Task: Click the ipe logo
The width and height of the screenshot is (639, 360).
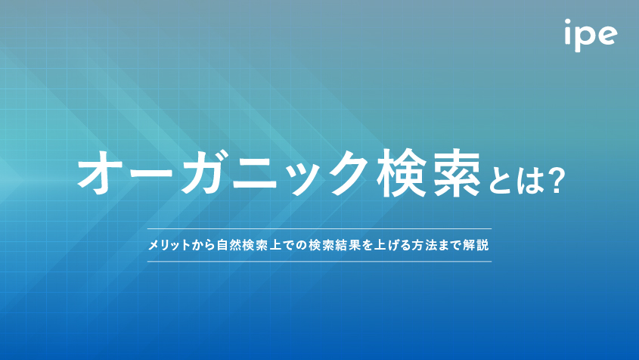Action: point(591,36)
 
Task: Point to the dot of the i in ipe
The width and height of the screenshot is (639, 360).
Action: point(568,22)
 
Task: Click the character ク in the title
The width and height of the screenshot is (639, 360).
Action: point(345,172)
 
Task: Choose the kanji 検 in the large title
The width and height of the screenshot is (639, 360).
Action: point(402,173)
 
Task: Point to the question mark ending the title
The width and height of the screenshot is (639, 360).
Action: point(556,180)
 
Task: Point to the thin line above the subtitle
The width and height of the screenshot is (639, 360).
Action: point(319,228)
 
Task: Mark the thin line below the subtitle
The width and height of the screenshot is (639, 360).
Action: point(319,262)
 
